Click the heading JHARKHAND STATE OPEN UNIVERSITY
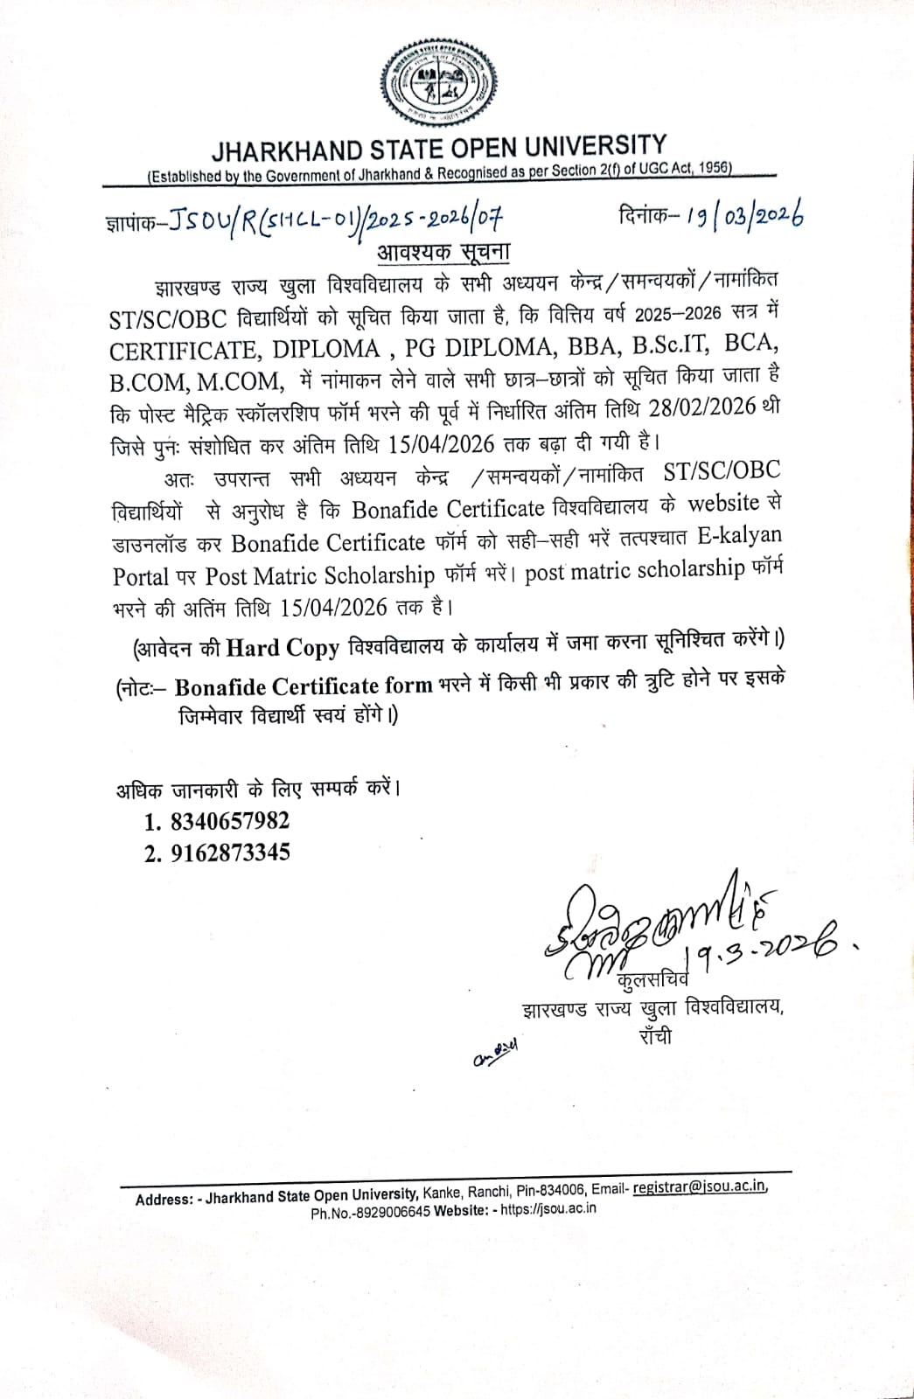tap(438, 147)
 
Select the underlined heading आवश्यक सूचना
tap(443, 252)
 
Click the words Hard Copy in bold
tap(283, 647)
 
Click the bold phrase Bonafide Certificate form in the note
tap(304, 686)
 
